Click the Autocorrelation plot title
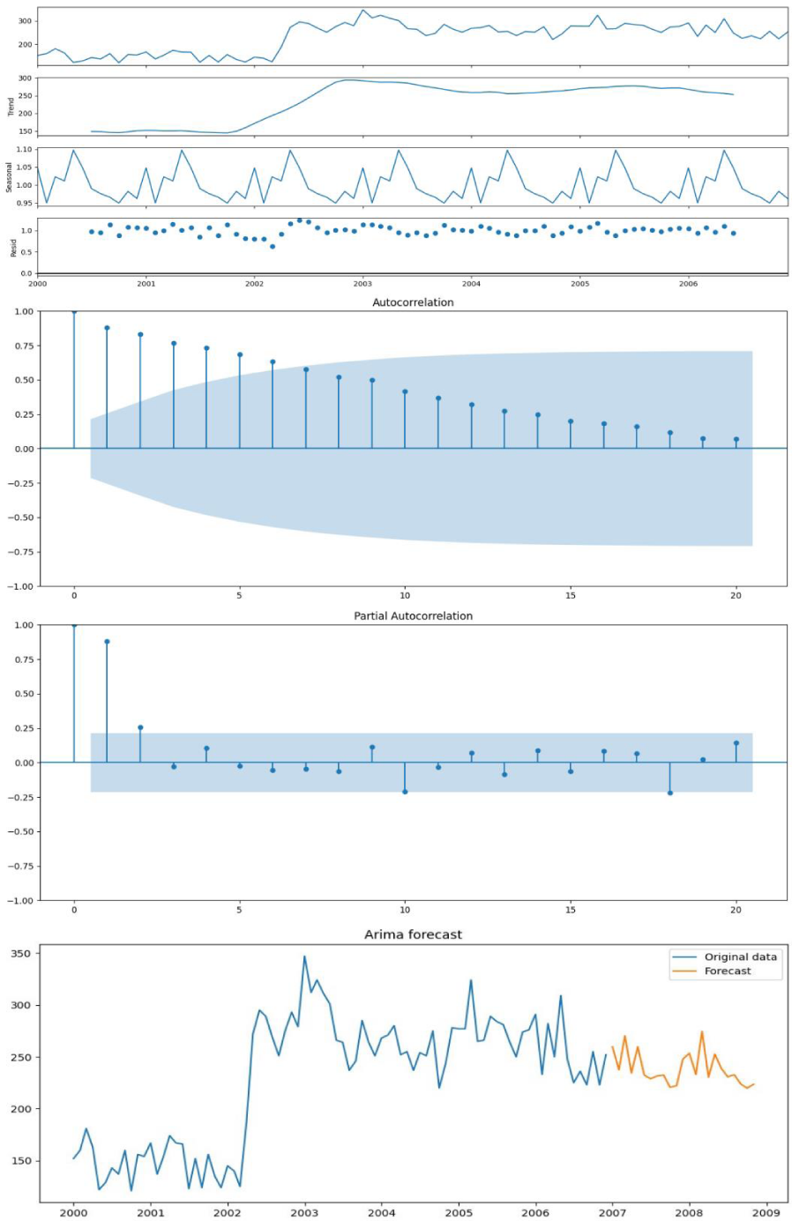click(413, 302)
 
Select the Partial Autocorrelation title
click(413, 616)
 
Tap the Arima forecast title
click(413, 934)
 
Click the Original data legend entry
click(740, 957)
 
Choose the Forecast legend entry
click(728, 971)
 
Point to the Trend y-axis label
click(11, 107)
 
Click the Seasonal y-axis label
click(10, 176)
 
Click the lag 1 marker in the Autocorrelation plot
click(107, 328)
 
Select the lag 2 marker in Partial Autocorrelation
click(140, 727)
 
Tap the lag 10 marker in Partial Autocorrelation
click(405, 792)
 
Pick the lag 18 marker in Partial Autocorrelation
click(670, 793)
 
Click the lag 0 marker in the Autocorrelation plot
click(74, 311)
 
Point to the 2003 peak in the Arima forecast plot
click(304, 957)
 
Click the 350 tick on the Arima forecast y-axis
click(20, 954)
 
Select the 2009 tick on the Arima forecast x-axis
click(766, 1213)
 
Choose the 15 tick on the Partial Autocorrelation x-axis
click(571, 910)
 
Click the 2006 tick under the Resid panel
click(688, 284)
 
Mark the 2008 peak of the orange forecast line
click(702, 1031)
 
